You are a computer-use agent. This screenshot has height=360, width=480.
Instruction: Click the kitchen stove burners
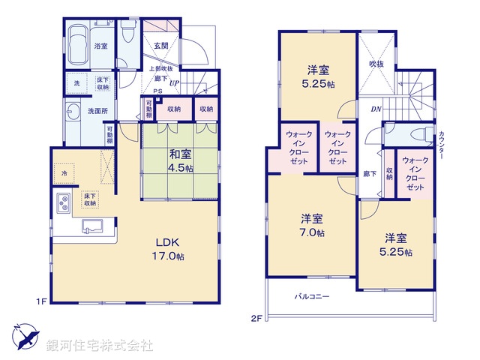tap(64, 201)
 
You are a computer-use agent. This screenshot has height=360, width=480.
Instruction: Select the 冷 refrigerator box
tap(66, 172)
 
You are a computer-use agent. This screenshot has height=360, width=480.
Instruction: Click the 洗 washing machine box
tap(76, 83)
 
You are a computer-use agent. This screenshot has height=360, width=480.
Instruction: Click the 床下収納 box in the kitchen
tap(89, 199)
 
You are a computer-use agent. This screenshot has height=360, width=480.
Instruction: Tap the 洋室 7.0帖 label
tap(313, 225)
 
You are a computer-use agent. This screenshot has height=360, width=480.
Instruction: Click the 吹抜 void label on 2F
tap(376, 64)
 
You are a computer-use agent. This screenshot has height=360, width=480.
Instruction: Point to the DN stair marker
tap(374, 109)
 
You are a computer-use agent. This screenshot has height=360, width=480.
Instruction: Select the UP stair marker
tap(175, 83)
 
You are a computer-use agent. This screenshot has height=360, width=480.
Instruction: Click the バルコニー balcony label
tap(311, 298)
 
